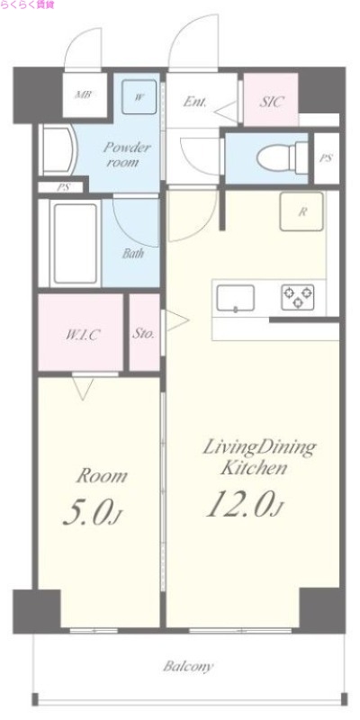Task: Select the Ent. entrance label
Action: pos(195,102)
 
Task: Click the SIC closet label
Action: pos(272,102)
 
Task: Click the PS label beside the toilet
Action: pos(325,157)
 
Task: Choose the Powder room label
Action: pos(125,155)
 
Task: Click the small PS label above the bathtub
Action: pos(62,188)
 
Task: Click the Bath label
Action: pos(133,253)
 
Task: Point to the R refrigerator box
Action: pos(303,212)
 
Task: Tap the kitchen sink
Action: pos(235,297)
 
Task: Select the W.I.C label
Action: pos(81,334)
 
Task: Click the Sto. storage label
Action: pos(144,333)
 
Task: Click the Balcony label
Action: pos(188,667)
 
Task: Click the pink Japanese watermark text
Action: pos(28,5)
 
